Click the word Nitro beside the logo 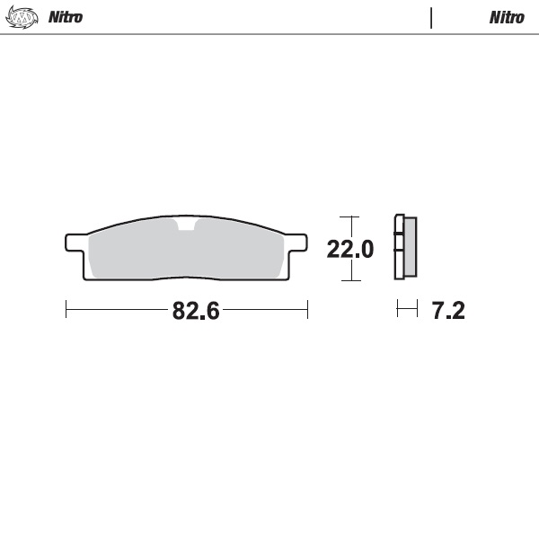tap(66, 17)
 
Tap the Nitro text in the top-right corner tap(507, 17)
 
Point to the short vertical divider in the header tap(431, 17)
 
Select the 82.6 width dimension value tap(196, 312)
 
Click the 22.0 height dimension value tap(349, 249)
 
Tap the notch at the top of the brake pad tap(186, 225)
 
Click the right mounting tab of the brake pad tap(296, 243)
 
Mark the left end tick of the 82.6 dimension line tap(66, 311)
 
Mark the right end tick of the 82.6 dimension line tap(307, 311)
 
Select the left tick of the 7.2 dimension tap(398, 311)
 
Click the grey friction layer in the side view tap(410, 248)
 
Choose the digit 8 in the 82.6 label tap(179, 312)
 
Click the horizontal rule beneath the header tap(269, 34)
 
